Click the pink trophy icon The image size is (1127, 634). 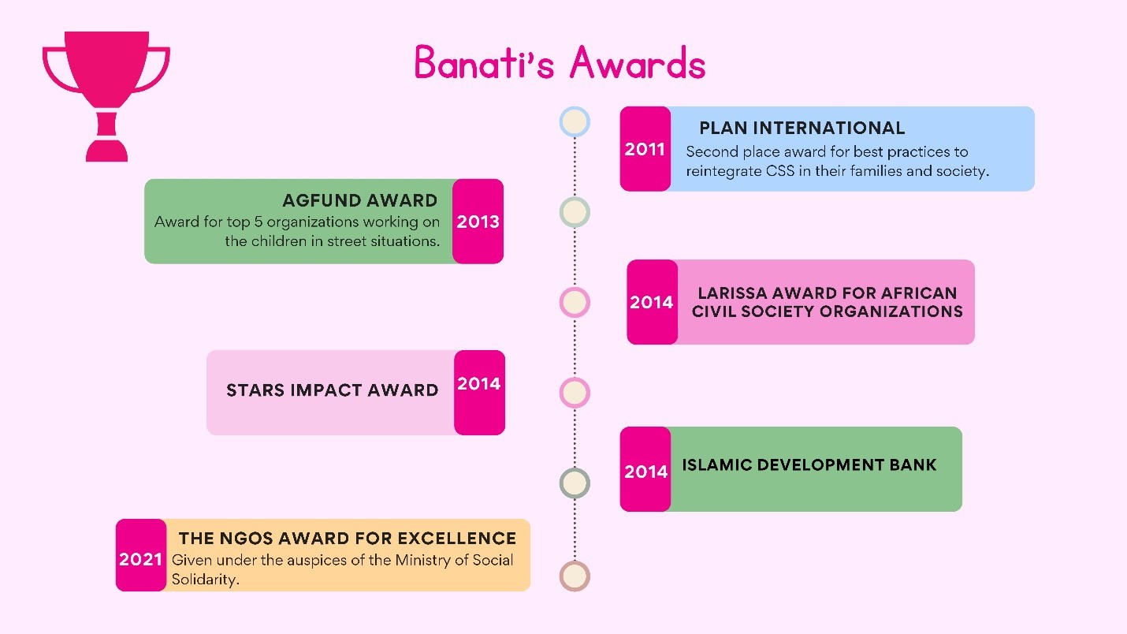(x=106, y=95)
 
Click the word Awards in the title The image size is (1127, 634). (x=638, y=62)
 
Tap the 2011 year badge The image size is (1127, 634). (x=645, y=148)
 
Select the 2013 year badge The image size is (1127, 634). (x=478, y=221)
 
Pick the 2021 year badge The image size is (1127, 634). (x=141, y=555)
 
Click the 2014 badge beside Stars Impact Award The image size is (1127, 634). (x=479, y=392)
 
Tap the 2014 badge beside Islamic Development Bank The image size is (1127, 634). (x=645, y=469)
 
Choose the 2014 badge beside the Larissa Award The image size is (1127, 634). (x=652, y=302)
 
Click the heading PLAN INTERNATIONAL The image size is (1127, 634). (x=802, y=128)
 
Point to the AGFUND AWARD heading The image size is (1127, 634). (x=359, y=200)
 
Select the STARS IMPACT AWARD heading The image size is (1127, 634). (x=332, y=390)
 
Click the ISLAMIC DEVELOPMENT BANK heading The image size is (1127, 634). (x=809, y=464)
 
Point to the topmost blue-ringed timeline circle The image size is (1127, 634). (x=575, y=122)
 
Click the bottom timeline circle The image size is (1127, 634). (x=575, y=576)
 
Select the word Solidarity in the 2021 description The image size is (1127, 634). (x=205, y=580)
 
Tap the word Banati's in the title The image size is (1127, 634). (x=484, y=62)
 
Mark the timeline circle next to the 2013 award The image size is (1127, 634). (x=575, y=212)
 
